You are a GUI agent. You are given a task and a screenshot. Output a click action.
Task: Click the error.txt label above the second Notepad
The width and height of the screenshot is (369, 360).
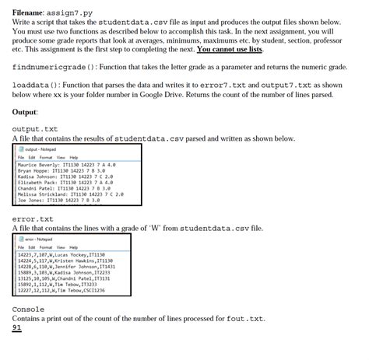coord(33,218)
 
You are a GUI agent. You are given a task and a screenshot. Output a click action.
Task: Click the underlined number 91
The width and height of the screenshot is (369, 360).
coord(17,328)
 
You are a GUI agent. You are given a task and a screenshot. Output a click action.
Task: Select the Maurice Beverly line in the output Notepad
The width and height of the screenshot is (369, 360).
coord(67,165)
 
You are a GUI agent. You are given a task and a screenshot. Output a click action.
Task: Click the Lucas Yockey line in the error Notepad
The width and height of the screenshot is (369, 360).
coord(66,253)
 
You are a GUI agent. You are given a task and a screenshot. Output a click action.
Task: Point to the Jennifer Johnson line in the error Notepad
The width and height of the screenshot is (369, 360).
coord(71,266)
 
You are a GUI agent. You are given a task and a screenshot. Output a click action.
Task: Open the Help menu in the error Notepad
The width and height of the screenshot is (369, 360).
coord(84,246)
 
